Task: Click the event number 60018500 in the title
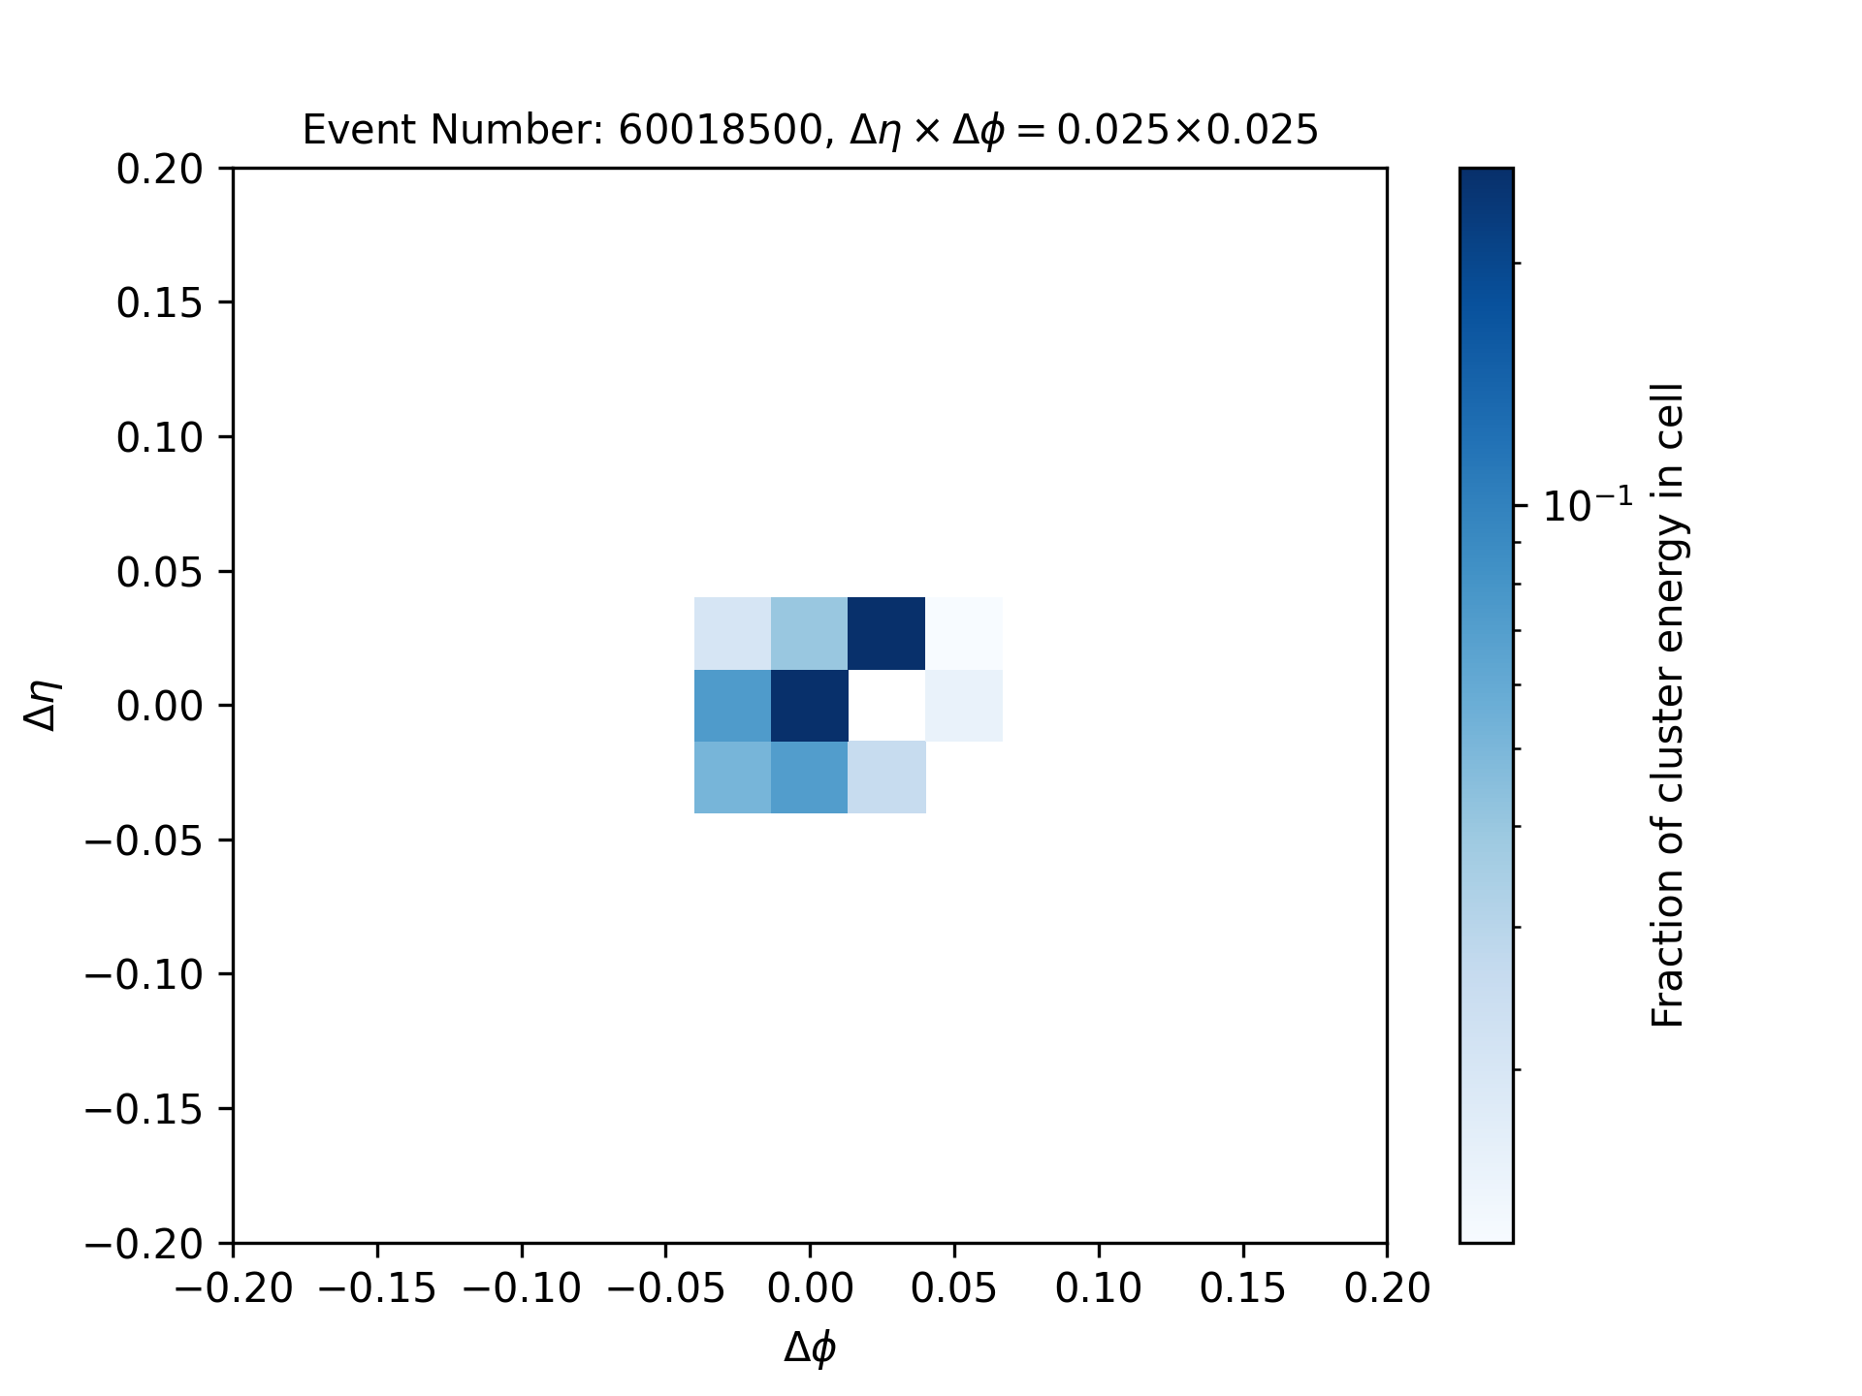click(x=721, y=129)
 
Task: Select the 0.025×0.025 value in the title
click(x=1187, y=129)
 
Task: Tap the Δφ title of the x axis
click(x=810, y=1348)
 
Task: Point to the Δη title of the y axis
click(x=44, y=705)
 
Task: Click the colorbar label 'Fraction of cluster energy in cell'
click(x=1668, y=705)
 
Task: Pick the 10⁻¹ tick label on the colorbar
click(x=1587, y=505)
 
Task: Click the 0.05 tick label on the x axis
click(x=954, y=1288)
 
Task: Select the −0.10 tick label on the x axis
click(x=522, y=1288)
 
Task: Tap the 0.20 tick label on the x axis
click(x=1387, y=1288)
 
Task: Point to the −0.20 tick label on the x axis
click(x=234, y=1288)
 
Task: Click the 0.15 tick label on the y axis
click(x=160, y=303)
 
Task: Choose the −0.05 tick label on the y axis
click(x=144, y=840)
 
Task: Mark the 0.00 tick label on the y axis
click(x=160, y=706)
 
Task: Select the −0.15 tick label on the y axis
click(x=144, y=1108)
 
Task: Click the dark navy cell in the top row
click(x=886, y=633)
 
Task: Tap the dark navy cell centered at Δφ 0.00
click(x=810, y=706)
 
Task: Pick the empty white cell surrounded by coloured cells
click(x=886, y=706)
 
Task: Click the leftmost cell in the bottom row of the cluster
click(x=732, y=777)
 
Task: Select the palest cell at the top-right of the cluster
click(x=964, y=633)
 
